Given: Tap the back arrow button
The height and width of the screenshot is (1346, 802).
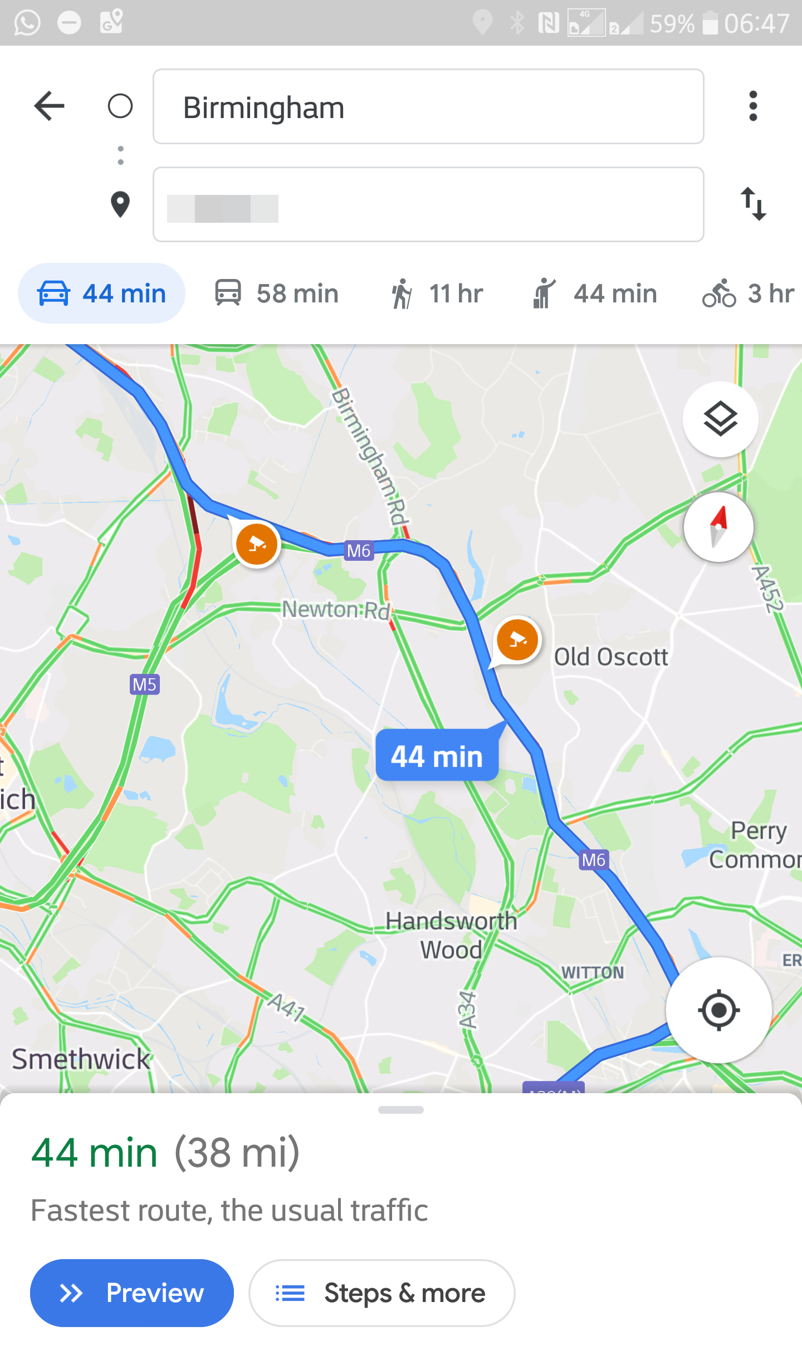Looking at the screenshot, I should click(x=50, y=106).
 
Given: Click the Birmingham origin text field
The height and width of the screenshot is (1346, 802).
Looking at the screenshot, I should click(x=428, y=107).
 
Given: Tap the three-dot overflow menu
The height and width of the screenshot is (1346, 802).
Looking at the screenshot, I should click(x=753, y=106).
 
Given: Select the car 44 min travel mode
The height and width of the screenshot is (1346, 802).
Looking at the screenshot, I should click(x=102, y=293).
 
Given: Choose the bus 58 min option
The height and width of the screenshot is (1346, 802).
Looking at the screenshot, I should click(x=277, y=293).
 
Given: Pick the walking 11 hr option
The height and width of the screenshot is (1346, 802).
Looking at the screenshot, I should click(x=437, y=293).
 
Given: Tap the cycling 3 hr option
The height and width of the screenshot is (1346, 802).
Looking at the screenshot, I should click(x=748, y=293).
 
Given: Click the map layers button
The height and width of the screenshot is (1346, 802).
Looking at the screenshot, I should click(x=720, y=419).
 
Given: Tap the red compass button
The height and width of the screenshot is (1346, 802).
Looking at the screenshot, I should click(x=718, y=527).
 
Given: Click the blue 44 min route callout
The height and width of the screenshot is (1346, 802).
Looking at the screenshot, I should click(x=437, y=756).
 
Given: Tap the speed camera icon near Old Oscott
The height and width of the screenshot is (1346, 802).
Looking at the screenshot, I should click(x=517, y=639).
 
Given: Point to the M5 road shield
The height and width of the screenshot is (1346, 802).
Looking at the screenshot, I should click(x=145, y=684).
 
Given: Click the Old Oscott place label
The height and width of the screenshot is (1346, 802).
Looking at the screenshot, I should click(x=611, y=657).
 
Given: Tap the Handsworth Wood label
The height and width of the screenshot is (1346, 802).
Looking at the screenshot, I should click(x=451, y=936).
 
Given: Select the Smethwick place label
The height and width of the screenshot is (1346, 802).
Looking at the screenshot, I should click(x=81, y=1059).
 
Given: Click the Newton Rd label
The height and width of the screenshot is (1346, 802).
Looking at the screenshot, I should click(x=336, y=609).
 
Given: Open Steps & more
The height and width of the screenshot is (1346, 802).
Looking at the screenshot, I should click(x=382, y=1293).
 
